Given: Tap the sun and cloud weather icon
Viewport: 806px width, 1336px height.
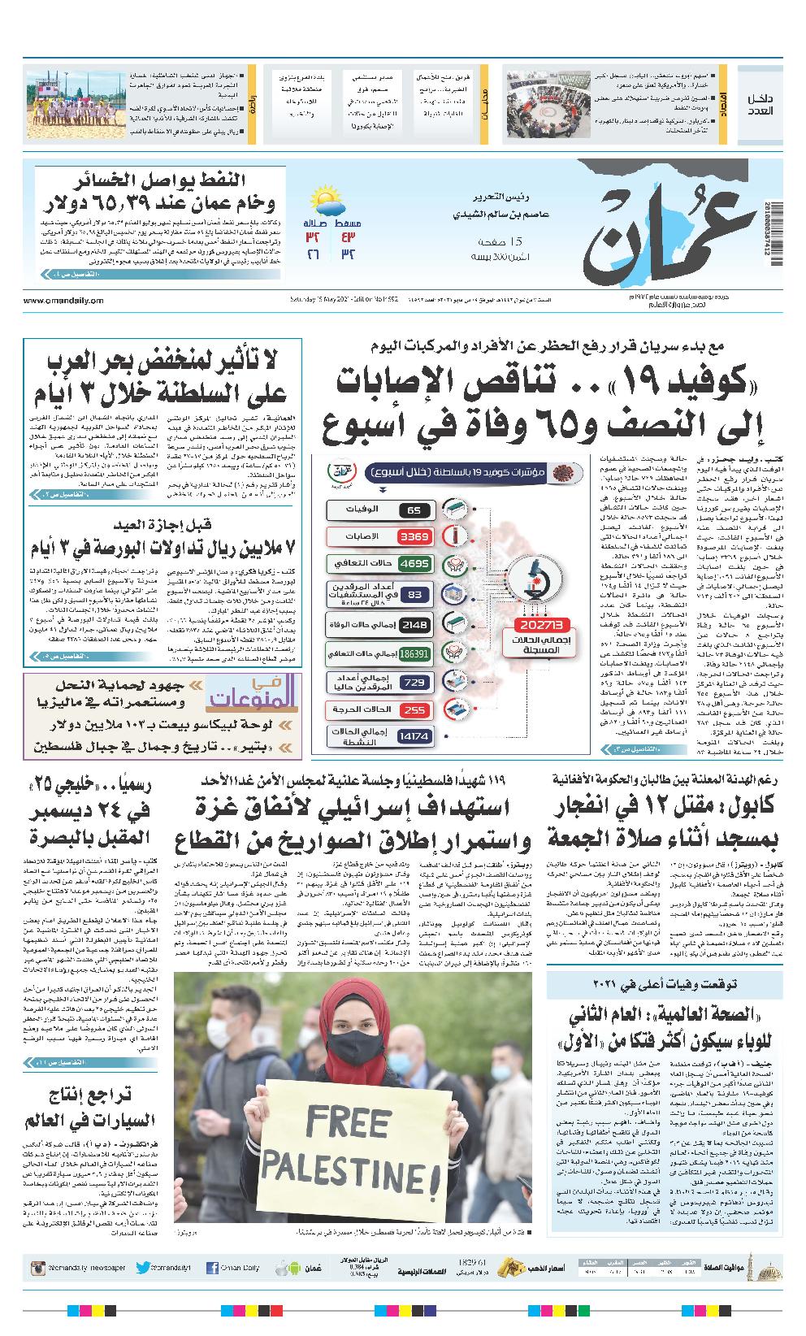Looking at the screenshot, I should tap(325, 199).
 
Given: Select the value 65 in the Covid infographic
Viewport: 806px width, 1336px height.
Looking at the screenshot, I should tap(414, 510).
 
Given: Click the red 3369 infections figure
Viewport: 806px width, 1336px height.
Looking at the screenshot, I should tap(414, 536).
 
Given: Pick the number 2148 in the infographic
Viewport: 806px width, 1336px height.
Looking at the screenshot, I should tap(414, 624).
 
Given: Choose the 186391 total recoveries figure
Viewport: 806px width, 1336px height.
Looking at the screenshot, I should tap(414, 653).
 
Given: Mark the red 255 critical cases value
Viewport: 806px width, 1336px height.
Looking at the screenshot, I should tap(414, 710).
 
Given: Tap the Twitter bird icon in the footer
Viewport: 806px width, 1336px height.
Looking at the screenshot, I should tap(144, 1268).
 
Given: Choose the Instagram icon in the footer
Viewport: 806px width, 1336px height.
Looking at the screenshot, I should tap(37, 1268).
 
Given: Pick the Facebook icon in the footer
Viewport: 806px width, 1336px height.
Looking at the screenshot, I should tap(212, 1268).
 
